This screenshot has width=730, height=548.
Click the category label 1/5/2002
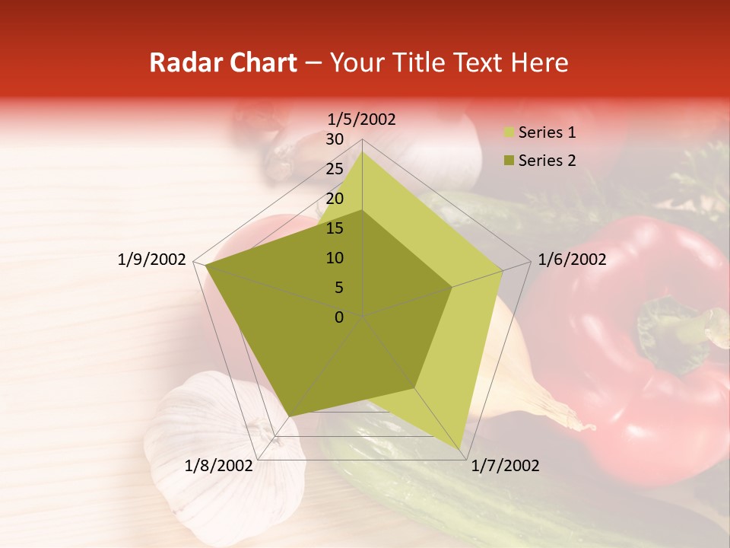pos(362,119)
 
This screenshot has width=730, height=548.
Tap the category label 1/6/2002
pos(572,260)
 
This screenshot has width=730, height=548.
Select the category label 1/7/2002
pos(505,466)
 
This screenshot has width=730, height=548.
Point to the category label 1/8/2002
pos(219,466)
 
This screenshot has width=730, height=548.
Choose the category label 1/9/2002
pos(152,260)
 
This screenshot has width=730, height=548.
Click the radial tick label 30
pos(334,139)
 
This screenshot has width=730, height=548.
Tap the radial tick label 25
pos(334,169)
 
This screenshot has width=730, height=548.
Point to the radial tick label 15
pos(334,228)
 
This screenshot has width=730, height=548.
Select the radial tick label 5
pos(338,288)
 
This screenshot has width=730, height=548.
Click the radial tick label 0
pos(339,317)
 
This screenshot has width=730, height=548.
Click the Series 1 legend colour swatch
pos(509,133)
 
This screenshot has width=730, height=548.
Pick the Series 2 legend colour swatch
pos(509,161)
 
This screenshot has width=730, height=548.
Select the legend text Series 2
pos(547,161)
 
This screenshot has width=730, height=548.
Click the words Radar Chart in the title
pos(223,62)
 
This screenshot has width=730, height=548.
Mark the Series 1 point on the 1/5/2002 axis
pos(362,151)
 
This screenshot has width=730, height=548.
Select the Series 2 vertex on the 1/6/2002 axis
pos(452,288)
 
